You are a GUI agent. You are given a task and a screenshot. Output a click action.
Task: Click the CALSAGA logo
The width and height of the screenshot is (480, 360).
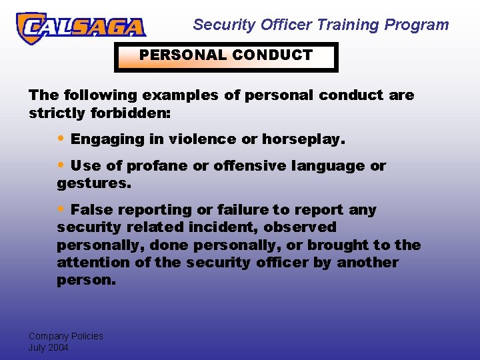pos(81,28)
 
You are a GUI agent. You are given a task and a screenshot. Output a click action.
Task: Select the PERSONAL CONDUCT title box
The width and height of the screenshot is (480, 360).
pos(226,56)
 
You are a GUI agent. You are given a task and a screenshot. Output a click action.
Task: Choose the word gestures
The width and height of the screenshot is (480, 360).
pos(94,183)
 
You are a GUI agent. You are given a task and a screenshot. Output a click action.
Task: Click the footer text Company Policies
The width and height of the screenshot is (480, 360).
pos(65,336)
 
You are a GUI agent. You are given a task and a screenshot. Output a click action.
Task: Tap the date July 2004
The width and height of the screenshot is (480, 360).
pos(48,347)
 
